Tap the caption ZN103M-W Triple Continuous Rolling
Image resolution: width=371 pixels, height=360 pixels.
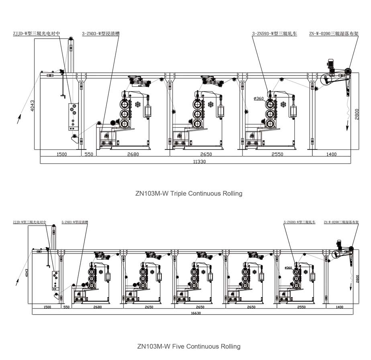click(189, 193)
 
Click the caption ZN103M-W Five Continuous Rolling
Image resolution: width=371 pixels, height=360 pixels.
click(189, 346)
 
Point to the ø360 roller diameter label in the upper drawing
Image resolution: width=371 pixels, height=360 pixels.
click(259, 98)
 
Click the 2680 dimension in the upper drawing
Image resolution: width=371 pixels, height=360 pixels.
click(132, 154)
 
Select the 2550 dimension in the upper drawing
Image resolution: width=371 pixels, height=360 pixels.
click(277, 154)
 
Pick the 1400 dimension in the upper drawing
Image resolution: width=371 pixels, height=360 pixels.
click(331, 154)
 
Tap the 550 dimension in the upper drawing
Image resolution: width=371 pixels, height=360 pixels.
click(89, 154)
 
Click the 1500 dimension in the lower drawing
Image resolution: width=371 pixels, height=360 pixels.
click(47, 307)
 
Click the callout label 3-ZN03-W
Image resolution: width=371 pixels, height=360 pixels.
click(101, 35)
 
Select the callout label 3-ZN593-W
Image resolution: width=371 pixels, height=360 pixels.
click(274, 35)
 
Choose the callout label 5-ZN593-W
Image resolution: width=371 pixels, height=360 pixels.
click(300, 222)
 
